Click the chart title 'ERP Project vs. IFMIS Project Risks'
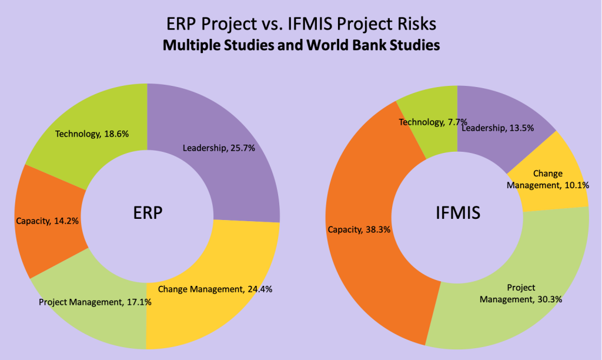pyautogui.click(x=301, y=24)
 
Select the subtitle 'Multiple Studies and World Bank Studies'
pyautogui.click(x=301, y=45)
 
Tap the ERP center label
pyautogui.click(x=148, y=212)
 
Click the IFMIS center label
pyautogui.click(x=457, y=212)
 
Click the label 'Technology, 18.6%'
pyautogui.click(x=92, y=134)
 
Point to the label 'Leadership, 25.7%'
pyautogui.click(x=219, y=148)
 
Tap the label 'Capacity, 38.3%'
pyautogui.click(x=359, y=229)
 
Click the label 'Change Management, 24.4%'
pyautogui.click(x=215, y=289)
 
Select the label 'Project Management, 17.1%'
pyautogui.click(x=95, y=302)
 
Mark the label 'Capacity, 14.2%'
pyautogui.click(x=47, y=221)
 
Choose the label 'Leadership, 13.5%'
pyautogui.click(x=497, y=128)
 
